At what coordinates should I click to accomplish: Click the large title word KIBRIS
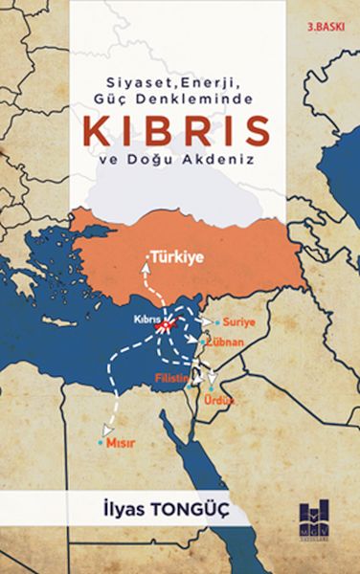(x=178, y=132)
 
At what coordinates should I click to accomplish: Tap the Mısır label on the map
(x=118, y=445)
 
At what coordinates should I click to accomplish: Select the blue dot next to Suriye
(x=218, y=322)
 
